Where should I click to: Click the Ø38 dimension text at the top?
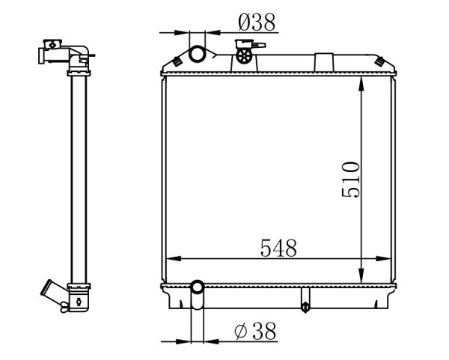257,22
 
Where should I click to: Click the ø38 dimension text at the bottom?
255,331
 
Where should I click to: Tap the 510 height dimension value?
350,180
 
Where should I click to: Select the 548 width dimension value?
278,248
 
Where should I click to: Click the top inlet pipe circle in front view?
197,54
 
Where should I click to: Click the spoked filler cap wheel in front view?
244,55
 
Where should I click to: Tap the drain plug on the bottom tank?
305,307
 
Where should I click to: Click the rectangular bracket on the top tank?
324,62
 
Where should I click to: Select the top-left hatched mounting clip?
177,61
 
